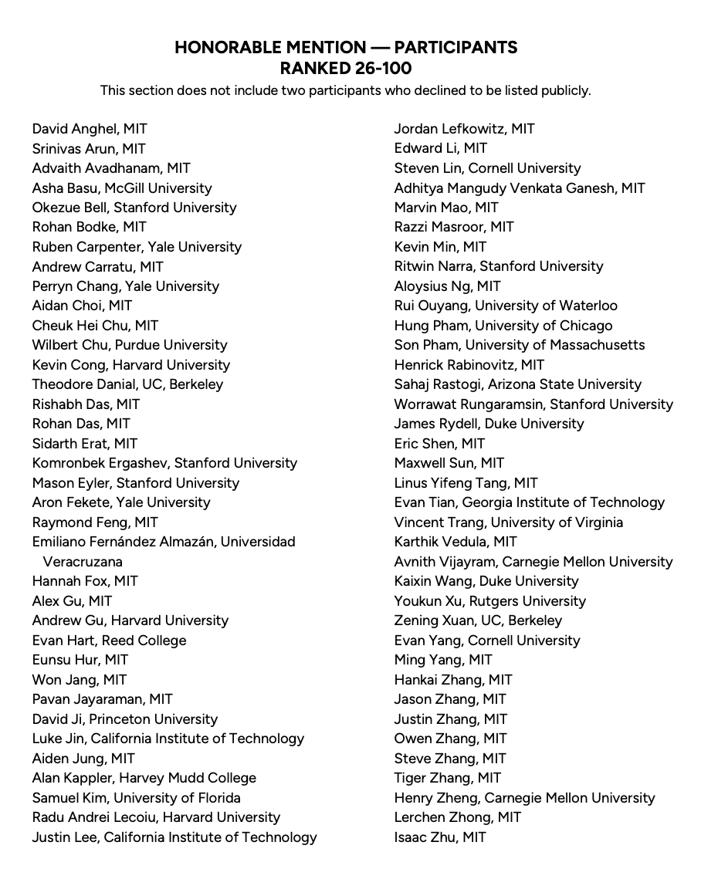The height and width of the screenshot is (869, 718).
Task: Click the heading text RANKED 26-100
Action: pos(345,68)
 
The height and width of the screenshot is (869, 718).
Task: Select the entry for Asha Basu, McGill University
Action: pos(122,188)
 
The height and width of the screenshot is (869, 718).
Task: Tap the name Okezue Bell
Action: pos(70,208)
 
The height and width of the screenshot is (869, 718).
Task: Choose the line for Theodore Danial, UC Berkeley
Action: pos(127,384)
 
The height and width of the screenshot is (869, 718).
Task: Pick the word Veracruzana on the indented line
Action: pos(83,562)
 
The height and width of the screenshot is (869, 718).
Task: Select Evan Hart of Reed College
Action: pos(109,641)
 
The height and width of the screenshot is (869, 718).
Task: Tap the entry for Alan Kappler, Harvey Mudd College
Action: pos(144,778)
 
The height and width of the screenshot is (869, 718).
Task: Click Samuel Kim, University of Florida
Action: pos(136,798)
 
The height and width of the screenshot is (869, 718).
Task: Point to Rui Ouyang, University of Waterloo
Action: pos(506,306)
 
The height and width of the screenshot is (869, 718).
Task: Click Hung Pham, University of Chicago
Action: pos(503,326)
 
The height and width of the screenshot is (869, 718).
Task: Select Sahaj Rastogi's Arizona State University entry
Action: pos(517,384)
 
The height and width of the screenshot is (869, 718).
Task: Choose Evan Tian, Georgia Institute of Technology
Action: pos(529,502)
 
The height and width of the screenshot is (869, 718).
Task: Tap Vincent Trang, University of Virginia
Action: pos(508,522)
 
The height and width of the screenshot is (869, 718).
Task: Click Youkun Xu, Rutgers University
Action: pos(489,601)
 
